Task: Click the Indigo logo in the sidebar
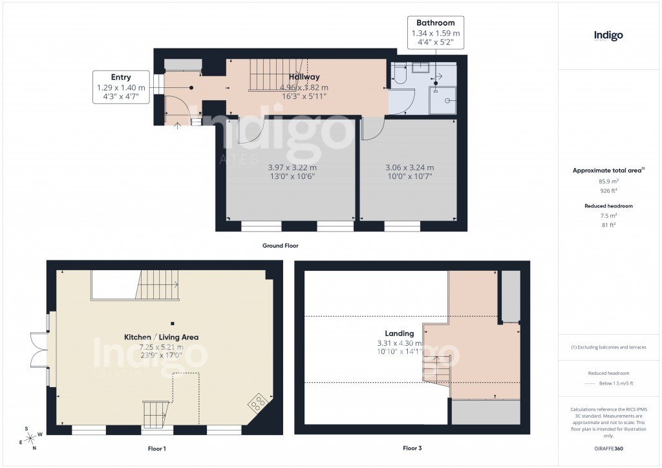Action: (608, 36)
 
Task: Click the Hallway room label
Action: (305, 78)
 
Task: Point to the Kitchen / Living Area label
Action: (161, 337)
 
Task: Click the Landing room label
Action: (400, 334)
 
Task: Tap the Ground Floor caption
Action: (280, 246)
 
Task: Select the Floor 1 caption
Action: (165, 448)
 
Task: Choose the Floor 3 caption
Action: (412, 448)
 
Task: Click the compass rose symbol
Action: (30, 438)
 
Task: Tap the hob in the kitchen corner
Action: (257, 403)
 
